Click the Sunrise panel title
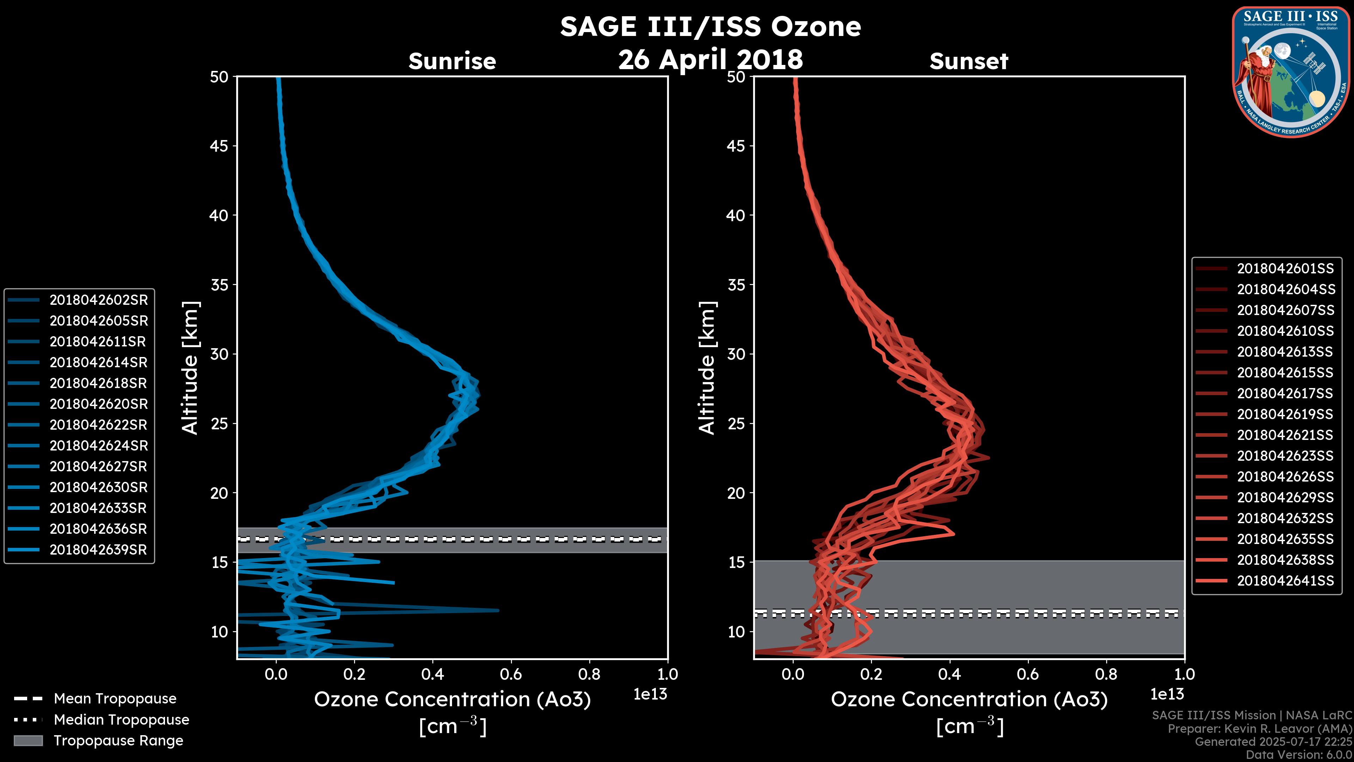point(452,61)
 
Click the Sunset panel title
point(969,61)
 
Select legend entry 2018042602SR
point(98,300)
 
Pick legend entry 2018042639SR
point(98,550)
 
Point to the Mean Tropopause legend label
point(115,698)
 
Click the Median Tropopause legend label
point(121,719)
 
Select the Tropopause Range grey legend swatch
point(28,740)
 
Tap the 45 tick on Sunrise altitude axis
point(219,146)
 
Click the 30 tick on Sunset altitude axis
point(736,354)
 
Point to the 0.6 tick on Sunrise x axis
point(511,674)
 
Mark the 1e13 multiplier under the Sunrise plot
point(650,694)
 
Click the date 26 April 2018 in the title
point(710,59)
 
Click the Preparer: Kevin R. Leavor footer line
point(1260,728)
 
